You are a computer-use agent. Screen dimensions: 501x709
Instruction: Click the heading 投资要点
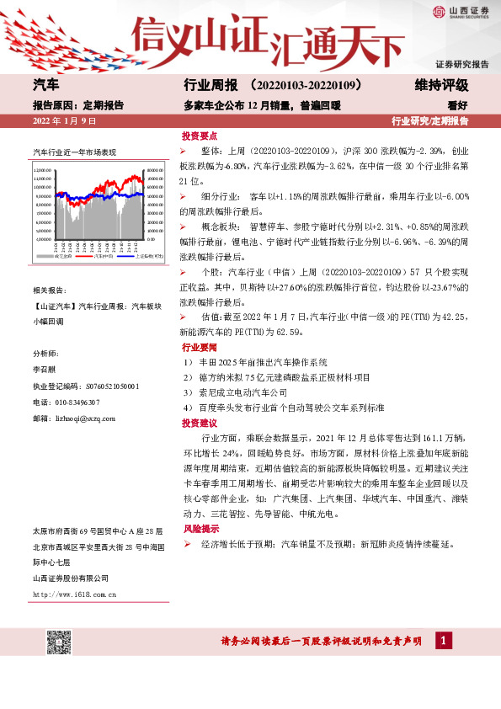[199, 136]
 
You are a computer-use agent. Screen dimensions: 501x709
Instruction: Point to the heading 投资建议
[199, 423]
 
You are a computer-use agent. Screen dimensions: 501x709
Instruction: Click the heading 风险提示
[199, 529]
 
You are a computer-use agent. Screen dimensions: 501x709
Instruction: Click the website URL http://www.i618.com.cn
[74, 594]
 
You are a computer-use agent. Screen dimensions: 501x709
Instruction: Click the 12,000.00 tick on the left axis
[43, 170]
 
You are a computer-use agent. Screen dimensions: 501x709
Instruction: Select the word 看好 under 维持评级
[458, 106]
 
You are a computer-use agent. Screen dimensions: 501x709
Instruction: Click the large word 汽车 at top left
[45, 86]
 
